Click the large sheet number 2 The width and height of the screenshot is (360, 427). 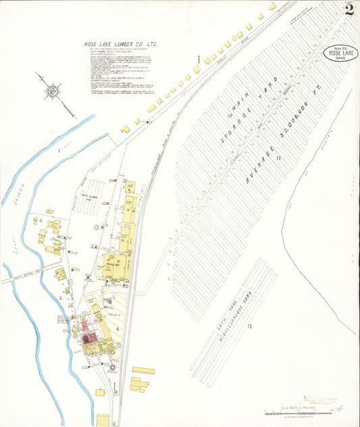point(349,9)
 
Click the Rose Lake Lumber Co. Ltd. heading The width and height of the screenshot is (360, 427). point(121,45)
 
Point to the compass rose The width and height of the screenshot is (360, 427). point(52,89)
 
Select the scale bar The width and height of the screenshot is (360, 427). point(297,413)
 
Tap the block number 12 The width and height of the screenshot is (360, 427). point(249,327)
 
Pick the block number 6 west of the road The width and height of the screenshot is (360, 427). point(41,220)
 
